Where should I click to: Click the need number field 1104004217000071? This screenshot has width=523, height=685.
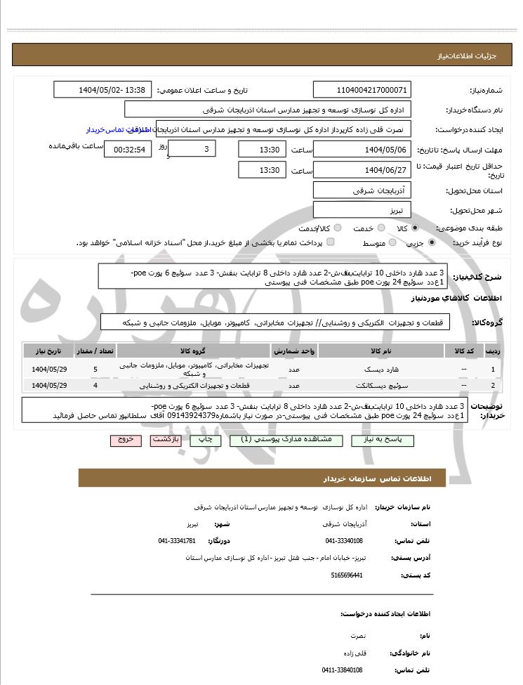point(362,90)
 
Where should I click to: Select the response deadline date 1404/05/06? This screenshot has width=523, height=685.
point(362,150)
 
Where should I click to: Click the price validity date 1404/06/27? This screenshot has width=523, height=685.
point(362,170)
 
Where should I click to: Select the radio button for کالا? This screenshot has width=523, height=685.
point(415,228)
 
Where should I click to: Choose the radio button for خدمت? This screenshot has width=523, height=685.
point(380,228)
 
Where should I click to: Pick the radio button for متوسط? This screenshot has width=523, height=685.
point(392,242)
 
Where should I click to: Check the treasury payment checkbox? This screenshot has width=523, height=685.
point(331,242)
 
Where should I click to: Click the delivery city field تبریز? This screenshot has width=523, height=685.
point(362,210)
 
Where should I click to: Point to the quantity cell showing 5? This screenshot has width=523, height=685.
point(95,369)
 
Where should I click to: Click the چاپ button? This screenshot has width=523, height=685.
point(205,440)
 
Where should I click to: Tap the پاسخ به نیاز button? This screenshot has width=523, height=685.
point(385,440)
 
